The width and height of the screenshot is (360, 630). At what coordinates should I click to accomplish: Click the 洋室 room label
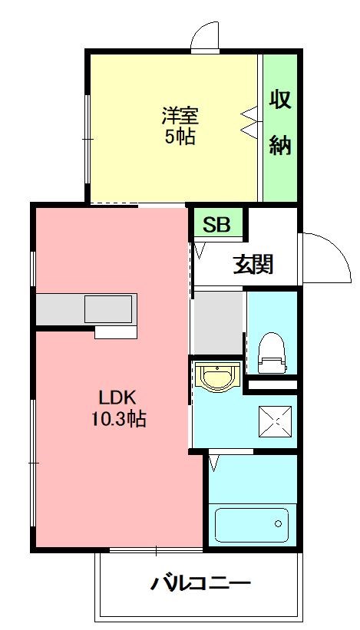click(180, 117)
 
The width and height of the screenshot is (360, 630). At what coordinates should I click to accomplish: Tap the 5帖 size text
click(180, 137)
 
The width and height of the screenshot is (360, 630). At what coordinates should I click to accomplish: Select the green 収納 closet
click(280, 127)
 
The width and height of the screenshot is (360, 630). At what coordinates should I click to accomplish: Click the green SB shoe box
click(216, 225)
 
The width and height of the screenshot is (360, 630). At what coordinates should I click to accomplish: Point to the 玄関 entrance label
click(253, 266)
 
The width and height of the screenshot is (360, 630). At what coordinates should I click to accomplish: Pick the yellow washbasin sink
click(217, 377)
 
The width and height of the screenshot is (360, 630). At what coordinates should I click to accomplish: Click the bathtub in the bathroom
click(252, 525)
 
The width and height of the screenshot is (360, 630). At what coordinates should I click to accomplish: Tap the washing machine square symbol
click(272, 420)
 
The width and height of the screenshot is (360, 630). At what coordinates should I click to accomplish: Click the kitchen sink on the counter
click(108, 308)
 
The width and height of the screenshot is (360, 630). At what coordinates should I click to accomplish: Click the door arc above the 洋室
click(206, 35)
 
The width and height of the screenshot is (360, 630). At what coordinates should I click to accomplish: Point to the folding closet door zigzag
click(249, 121)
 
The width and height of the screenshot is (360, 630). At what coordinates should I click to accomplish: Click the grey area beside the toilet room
click(216, 322)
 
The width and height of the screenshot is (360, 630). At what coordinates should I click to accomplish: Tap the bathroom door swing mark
click(214, 462)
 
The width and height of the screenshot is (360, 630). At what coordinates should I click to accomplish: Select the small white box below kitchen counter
click(115, 331)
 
